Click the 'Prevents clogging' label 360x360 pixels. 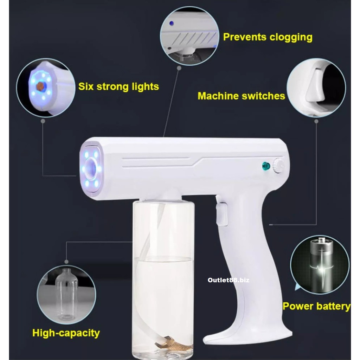click(268, 37)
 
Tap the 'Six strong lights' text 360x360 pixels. click(118, 86)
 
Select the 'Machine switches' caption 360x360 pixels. click(241, 96)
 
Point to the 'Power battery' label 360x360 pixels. click(316, 306)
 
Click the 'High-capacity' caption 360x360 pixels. click(66, 333)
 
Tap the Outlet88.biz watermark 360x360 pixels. click(228, 280)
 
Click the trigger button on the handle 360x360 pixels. click(221, 214)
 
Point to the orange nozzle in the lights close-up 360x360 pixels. click(41, 86)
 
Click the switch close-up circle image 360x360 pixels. click(316, 88)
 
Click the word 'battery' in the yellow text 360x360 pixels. click(333, 306)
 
